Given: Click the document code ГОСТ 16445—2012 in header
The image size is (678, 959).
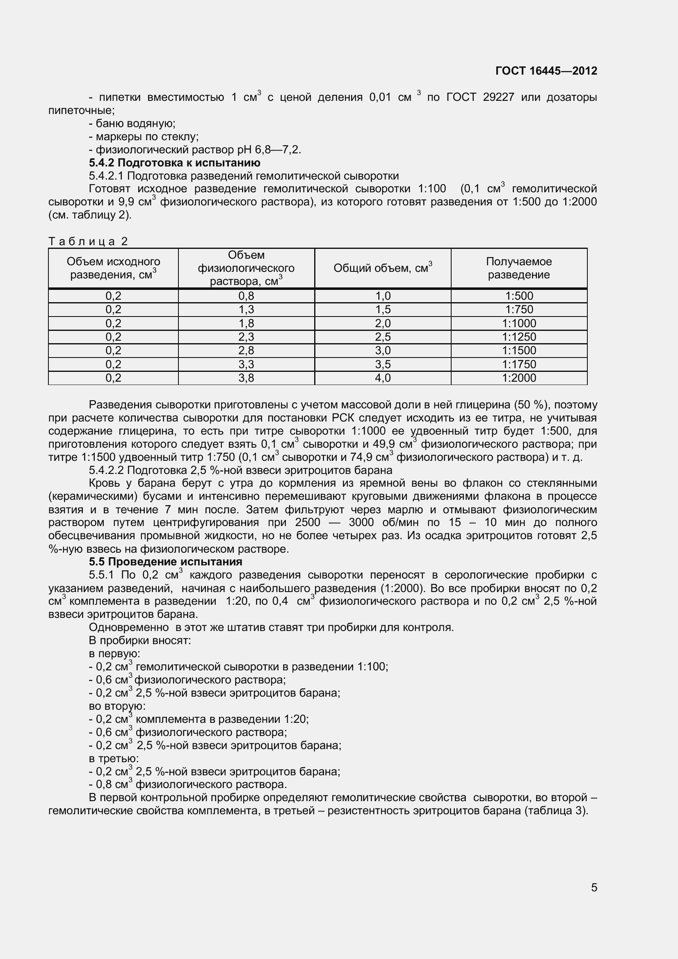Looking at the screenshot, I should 546,71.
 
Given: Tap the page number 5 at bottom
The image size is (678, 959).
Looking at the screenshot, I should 594,888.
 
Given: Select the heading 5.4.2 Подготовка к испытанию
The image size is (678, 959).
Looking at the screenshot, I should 175,162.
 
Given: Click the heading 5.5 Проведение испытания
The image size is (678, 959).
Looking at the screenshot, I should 165,561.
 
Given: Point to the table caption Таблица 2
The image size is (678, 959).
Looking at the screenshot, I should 88,241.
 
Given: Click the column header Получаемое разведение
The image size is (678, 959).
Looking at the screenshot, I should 518,268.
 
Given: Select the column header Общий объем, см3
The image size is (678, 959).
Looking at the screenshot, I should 382,268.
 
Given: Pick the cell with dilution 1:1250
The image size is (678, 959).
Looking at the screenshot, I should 519,337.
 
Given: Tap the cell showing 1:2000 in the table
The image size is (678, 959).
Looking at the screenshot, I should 519,378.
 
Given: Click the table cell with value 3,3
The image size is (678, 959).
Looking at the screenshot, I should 246,364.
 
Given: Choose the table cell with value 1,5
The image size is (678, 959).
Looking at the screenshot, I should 382,310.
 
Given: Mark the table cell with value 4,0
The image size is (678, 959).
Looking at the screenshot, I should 382,378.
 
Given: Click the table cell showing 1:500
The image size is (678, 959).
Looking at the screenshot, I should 519,296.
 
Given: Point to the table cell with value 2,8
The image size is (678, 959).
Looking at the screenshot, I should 246,351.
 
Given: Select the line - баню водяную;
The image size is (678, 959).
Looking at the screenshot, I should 132,123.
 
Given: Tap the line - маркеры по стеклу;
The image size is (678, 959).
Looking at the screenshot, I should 144,137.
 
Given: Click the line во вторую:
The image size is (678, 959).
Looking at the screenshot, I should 117,706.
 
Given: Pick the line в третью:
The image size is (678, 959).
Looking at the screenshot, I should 114,758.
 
